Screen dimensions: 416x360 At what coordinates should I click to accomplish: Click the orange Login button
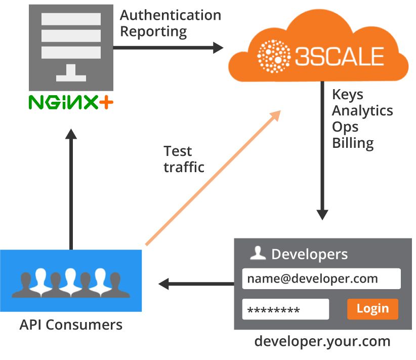click(372, 309)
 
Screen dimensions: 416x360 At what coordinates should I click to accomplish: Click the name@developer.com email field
click(321, 278)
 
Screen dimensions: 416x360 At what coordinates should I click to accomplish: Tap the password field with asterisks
click(285, 309)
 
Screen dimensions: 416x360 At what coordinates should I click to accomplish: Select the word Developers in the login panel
click(309, 254)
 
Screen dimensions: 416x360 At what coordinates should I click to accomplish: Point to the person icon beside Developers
click(258, 253)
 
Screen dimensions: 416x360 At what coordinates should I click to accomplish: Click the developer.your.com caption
click(322, 341)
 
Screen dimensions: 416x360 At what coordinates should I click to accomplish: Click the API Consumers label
click(71, 325)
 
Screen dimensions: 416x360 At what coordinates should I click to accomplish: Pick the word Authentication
click(171, 15)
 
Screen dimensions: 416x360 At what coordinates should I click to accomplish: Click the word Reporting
click(153, 31)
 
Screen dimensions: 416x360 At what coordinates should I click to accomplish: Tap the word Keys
click(348, 95)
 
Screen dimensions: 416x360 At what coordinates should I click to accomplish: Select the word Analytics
click(362, 111)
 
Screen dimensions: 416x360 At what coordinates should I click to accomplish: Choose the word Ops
click(345, 127)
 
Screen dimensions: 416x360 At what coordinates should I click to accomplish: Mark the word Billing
click(353, 143)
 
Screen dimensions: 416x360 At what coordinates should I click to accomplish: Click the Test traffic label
click(184, 159)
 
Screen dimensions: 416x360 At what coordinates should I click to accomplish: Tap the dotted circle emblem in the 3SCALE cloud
click(274, 56)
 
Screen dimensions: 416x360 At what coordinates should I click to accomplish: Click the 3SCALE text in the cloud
click(340, 56)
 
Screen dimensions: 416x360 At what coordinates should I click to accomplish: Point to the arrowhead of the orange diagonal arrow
click(276, 115)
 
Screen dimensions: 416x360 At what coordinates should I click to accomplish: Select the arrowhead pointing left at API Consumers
click(163, 284)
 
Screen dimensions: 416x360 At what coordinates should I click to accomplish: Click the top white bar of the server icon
click(71, 19)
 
